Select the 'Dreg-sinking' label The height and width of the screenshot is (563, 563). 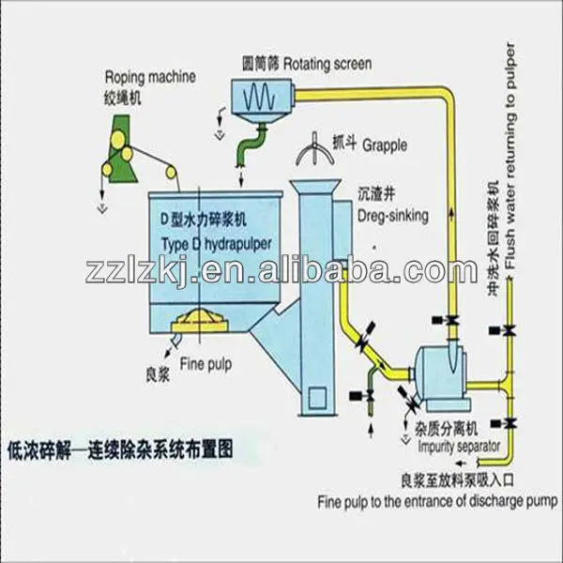click(x=392, y=215)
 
